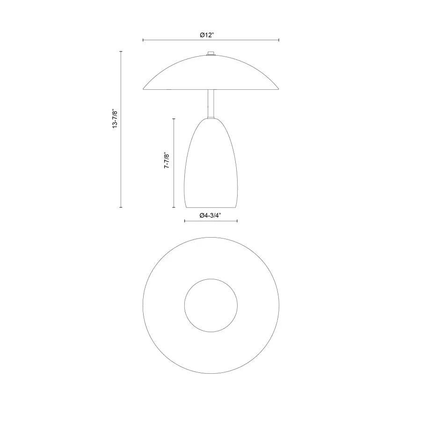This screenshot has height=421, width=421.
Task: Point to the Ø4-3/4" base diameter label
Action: [210, 215]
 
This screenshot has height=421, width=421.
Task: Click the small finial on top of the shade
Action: [211, 54]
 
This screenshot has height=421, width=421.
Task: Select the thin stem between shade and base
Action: [211, 104]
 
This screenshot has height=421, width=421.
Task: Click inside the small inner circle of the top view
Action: [211, 305]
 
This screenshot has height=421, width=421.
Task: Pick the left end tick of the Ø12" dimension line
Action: [143, 40]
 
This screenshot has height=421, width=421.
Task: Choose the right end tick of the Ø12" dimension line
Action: [279, 40]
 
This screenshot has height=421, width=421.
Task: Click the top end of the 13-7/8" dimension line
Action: [121, 51]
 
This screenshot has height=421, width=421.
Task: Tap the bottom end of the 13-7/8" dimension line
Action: [121, 207]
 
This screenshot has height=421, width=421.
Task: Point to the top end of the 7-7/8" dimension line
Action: [174, 118]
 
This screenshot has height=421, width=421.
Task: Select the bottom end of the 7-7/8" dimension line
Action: [174, 207]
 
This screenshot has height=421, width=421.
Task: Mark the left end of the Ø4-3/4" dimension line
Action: [185, 221]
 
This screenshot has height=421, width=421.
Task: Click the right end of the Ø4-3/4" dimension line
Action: [238, 221]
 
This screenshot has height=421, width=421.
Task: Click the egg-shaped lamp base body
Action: [211, 168]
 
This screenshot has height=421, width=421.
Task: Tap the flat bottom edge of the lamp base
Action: [211, 207]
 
